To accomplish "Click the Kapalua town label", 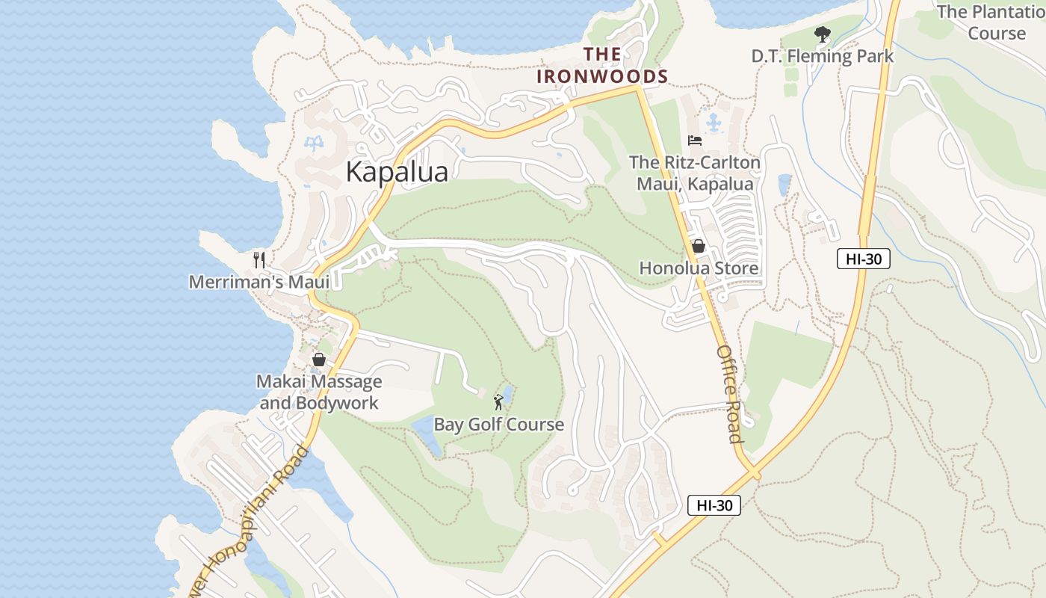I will (x=397, y=172).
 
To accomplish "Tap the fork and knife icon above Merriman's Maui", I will (x=259, y=260).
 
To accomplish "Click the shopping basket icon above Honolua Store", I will (x=699, y=245).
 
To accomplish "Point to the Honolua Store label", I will (x=699, y=268).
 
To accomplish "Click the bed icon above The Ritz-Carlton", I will (x=695, y=141).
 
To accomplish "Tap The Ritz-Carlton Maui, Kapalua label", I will (x=695, y=173).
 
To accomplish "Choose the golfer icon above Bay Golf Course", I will (x=498, y=403).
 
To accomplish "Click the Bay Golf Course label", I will (x=499, y=425).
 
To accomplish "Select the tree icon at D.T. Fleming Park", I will (x=823, y=34).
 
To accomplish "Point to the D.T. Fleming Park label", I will (x=823, y=56).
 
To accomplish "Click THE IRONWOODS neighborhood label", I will (x=602, y=65).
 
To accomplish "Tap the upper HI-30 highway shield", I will (x=864, y=259).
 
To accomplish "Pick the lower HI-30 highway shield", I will (x=714, y=505).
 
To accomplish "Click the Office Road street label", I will (x=729, y=393).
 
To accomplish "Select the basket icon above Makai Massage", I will (x=319, y=360).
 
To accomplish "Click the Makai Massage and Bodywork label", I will (x=319, y=392).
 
